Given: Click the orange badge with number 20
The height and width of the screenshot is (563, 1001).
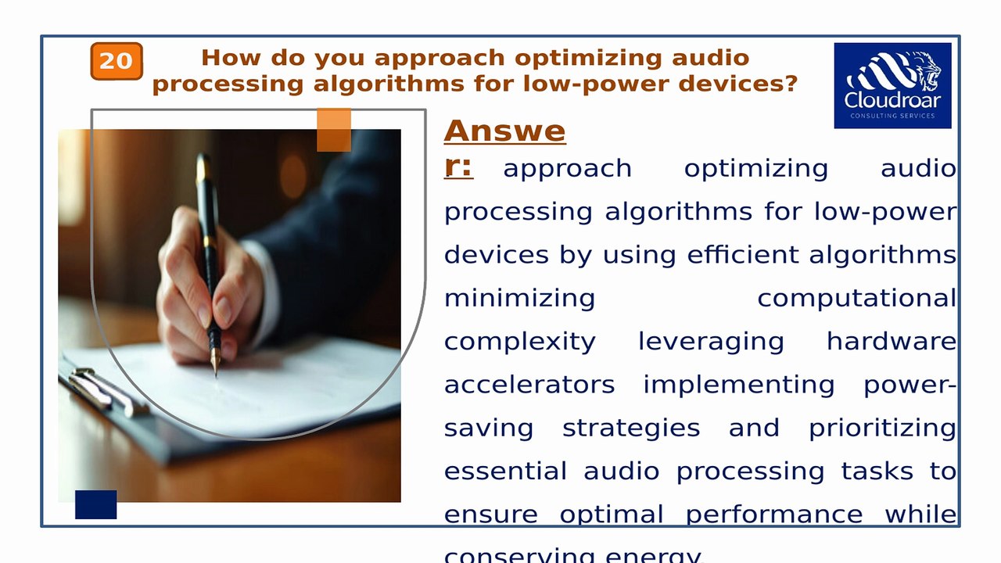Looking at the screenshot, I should (x=117, y=61).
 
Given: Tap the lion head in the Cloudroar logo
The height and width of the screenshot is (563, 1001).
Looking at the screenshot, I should (x=923, y=70).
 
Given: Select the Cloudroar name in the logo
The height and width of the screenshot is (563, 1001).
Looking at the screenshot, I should (x=892, y=101).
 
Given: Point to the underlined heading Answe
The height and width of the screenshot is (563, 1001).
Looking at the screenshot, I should (x=504, y=131).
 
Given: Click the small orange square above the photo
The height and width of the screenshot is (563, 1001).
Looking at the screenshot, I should (x=334, y=130).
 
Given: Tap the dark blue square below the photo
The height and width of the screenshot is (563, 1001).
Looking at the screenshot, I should (x=95, y=504).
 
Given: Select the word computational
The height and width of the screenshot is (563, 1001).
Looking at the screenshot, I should (x=856, y=298).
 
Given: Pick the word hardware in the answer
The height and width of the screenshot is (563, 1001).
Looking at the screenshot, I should (x=891, y=342).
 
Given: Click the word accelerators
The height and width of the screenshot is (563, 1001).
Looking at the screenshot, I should (x=529, y=385).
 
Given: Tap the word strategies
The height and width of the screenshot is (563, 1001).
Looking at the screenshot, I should (x=631, y=429).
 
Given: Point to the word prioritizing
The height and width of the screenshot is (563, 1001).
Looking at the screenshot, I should (x=882, y=429).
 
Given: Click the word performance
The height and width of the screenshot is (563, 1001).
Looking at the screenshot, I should (x=774, y=515).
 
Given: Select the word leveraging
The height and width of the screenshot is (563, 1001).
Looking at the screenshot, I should (x=711, y=342).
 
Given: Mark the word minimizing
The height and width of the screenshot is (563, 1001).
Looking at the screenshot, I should (x=520, y=298).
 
